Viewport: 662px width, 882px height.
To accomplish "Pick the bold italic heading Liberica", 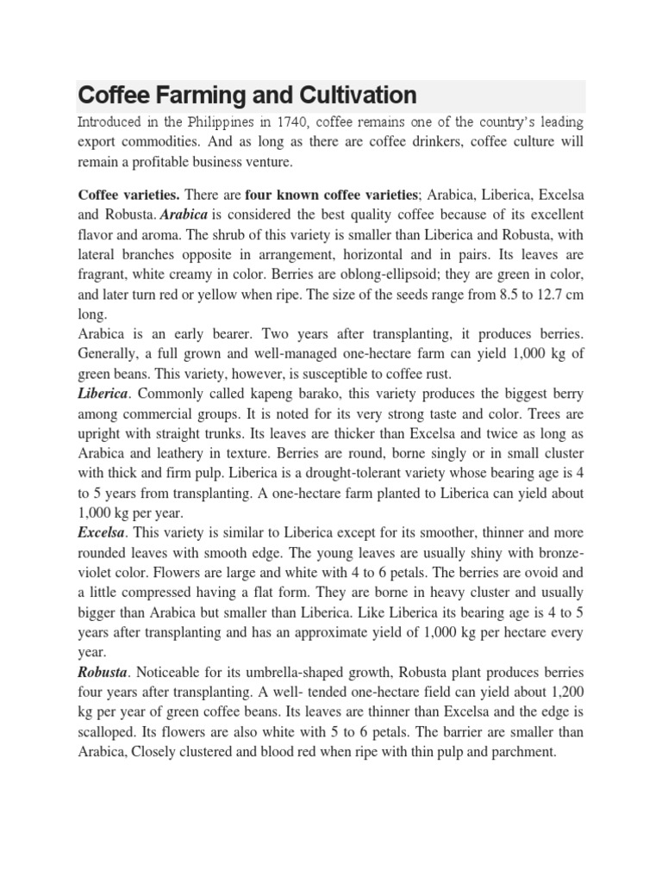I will (103, 393).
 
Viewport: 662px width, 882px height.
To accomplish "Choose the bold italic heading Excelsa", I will (101, 534).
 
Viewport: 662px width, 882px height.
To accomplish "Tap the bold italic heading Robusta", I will (102, 672).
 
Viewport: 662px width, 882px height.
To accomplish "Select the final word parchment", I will (521, 751).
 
